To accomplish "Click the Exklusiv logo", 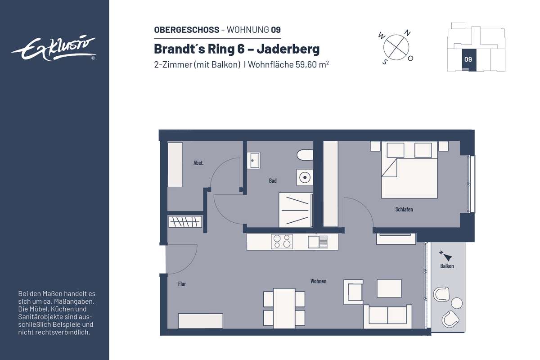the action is tap(54, 49).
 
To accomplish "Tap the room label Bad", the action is tap(273, 180).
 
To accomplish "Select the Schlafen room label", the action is tap(404, 209).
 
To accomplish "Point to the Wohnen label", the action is tap(318, 281).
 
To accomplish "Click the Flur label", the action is tap(182, 284).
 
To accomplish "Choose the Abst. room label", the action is tap(198, 163).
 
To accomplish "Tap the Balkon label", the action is tap(447, 266).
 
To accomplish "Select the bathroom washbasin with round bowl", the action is tap(305, 177).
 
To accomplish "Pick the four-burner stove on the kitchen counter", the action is tap(282, 241).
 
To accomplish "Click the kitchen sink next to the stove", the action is tap(318, 242).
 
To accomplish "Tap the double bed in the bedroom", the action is tap(409, 170).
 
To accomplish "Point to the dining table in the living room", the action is tap(284, 308).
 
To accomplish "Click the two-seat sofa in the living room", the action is tap(387, 317).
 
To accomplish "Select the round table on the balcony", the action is tap(457, 303).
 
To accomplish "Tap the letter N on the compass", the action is tap(407, 33).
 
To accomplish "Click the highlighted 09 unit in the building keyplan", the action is tap(469, 60).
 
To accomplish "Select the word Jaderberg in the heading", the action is tap(288, 49).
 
